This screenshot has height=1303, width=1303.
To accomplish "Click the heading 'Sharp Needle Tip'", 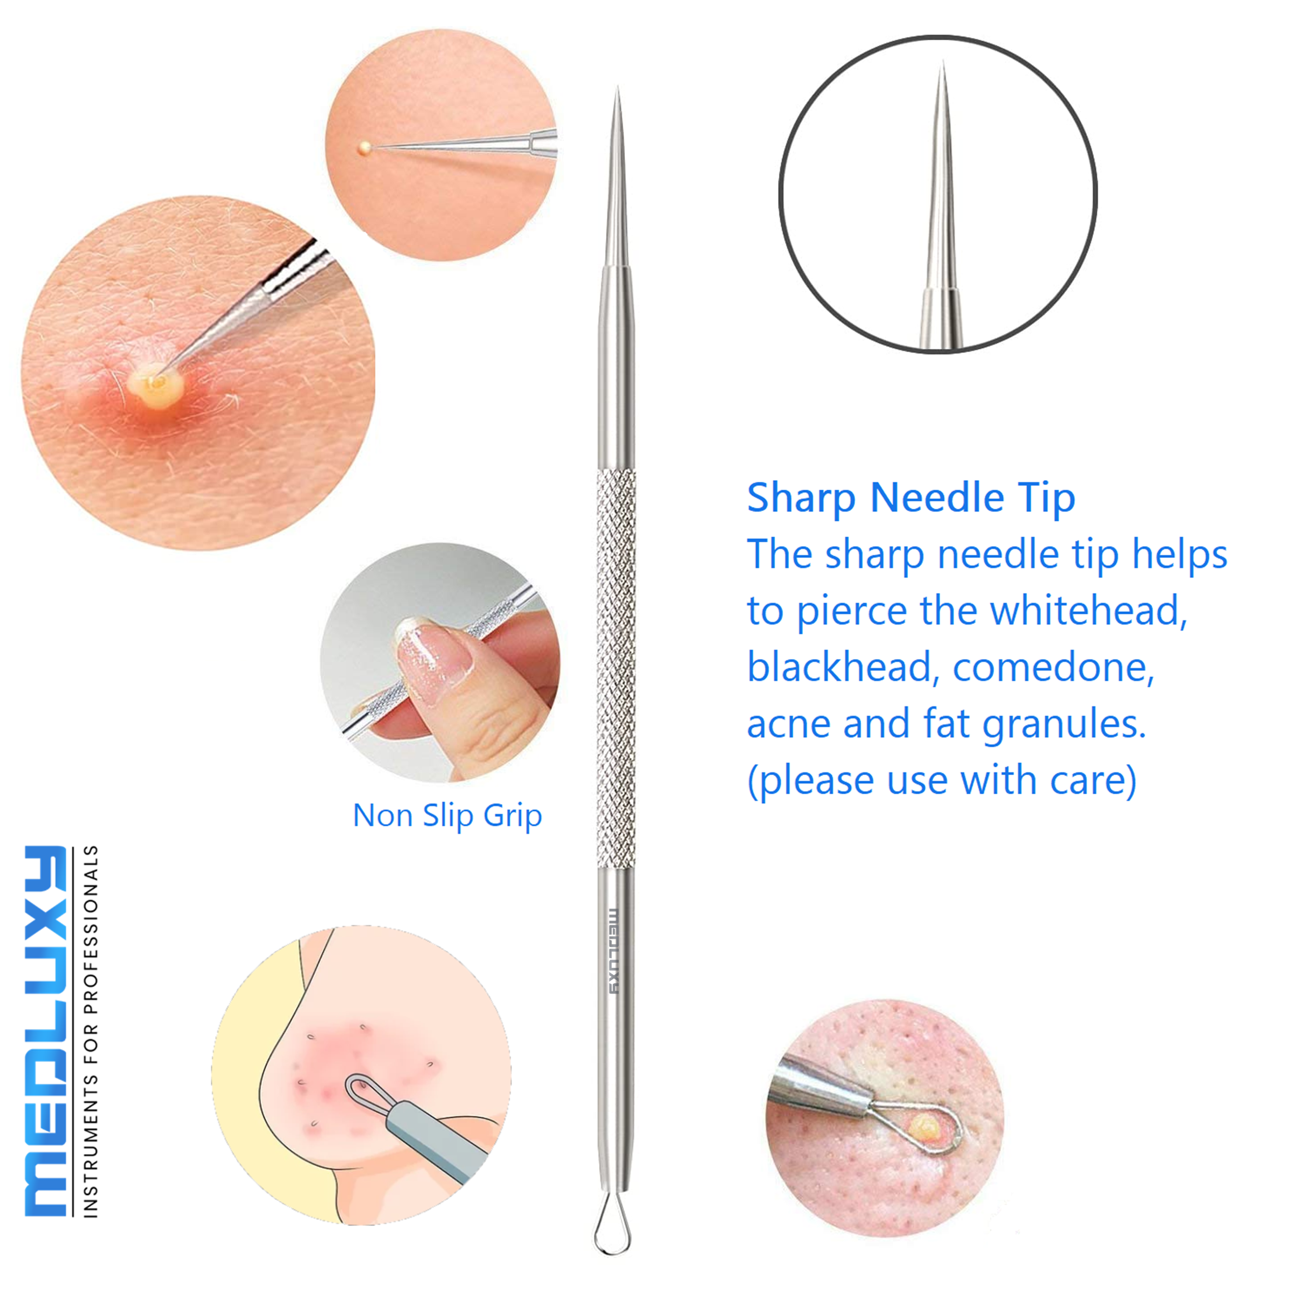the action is [x=910, y=498].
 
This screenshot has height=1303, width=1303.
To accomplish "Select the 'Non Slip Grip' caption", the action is [x=447, y=815].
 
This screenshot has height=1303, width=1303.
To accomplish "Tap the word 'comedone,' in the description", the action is [x=1053, y=668].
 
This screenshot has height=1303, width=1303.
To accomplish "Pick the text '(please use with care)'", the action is [x=942, y=780].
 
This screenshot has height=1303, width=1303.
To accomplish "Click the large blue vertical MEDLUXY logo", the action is [x=46, y=1031].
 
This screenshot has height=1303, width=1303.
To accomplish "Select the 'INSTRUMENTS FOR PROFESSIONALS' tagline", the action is [x=90, y=1032].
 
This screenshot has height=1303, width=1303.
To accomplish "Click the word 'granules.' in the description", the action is [x=1063, y=724].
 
